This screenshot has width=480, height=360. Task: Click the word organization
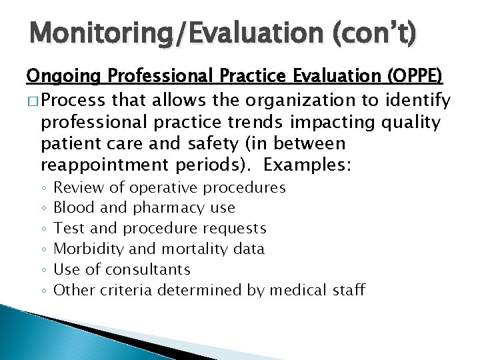tap(296, 101)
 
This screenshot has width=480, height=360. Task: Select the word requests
tap(233, 228)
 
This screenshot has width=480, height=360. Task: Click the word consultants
tap(148, 269)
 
